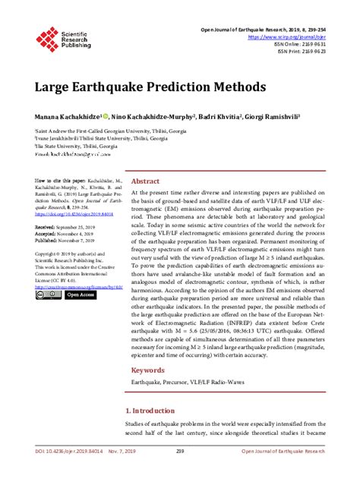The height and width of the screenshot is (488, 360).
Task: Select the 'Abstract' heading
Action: pos(146,181)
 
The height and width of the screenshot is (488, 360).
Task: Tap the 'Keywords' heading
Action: pos(148,370)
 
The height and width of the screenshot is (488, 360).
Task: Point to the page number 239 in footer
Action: pos(180,472)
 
